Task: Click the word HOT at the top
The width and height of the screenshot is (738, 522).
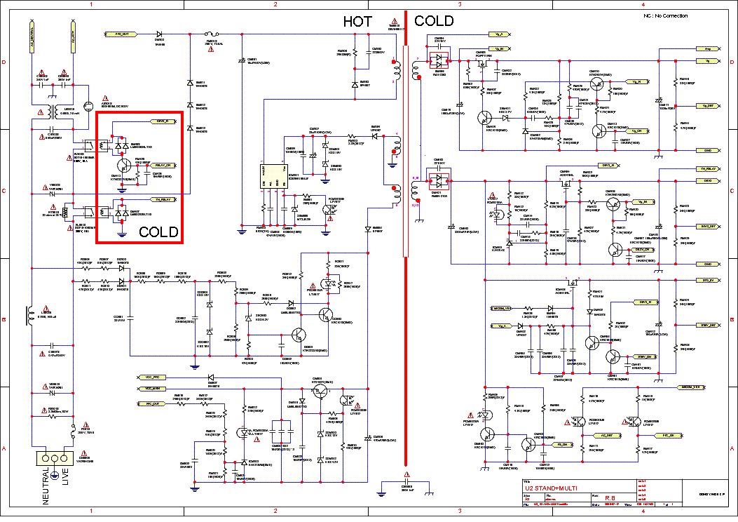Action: click(x=357, y=22)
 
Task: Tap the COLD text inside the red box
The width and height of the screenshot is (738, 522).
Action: click(x=158, y=232)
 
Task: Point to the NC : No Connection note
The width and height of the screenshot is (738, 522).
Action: click(x=665, y=15)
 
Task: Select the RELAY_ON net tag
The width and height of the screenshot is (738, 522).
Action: click(x=162, y=165)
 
